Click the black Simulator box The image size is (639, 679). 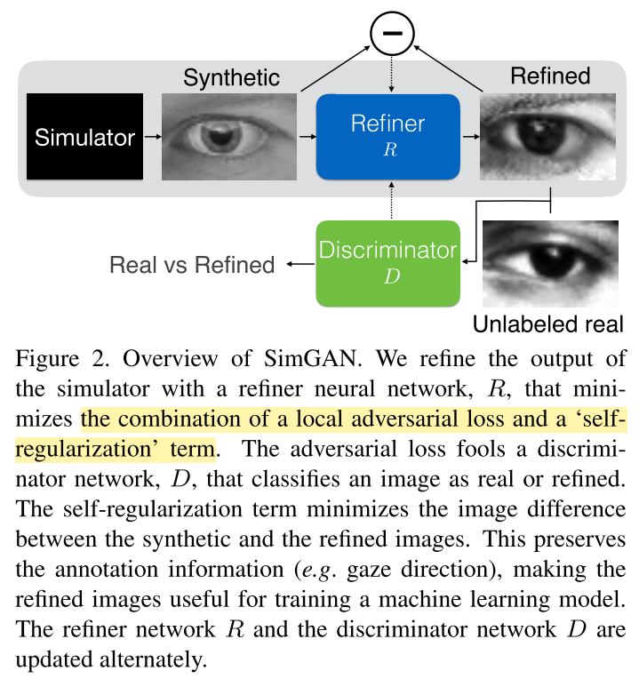(84, 136)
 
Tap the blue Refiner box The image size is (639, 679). (387, 137)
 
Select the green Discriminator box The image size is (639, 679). (387, 263)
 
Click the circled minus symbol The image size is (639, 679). (392, 34)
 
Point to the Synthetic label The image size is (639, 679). (231, 78)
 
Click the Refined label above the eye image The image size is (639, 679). (550, 76)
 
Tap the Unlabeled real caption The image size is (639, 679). (548, 324)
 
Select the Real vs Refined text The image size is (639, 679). (192, 265)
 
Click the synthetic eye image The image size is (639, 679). (229, 136)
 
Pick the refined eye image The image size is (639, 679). (547, 136)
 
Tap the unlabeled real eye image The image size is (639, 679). (550, 264)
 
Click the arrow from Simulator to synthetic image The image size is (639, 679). (153, 136)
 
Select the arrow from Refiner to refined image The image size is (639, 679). (471, 136)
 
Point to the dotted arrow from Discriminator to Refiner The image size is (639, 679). (391, 201)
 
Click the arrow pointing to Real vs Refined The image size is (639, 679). (300, 264)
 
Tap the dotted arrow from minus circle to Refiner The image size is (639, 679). (391, 74)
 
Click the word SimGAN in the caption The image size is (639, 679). (313, 358)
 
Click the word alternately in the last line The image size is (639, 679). (153, 660)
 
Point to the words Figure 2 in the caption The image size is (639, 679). (62, 359)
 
